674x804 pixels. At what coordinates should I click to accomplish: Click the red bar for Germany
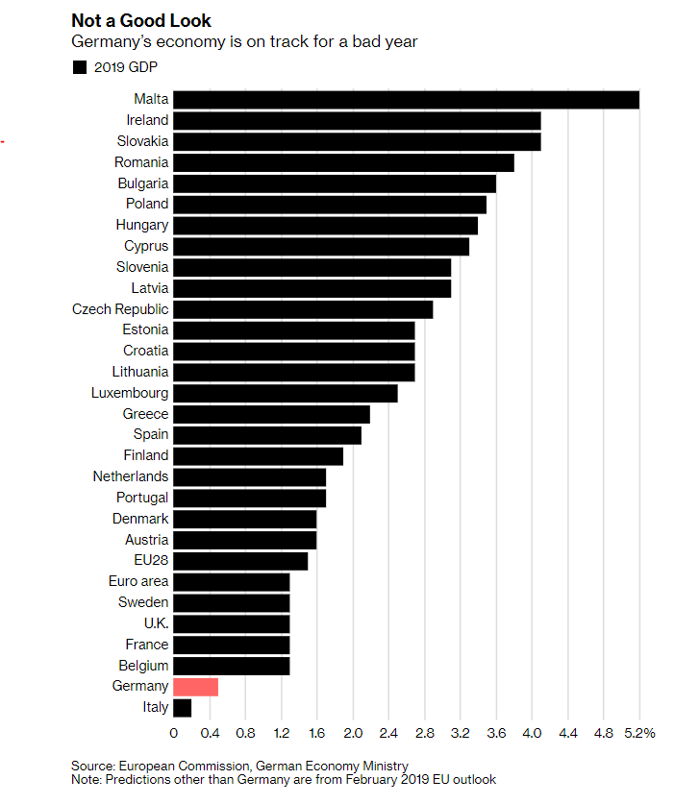tap(195, 687)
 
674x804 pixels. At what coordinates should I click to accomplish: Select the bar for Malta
tap(406, 99)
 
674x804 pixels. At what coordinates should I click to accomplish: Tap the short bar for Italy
tap(182, 708)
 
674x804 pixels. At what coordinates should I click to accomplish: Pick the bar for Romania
tap(343, 162)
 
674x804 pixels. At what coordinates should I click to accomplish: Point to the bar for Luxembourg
tap(286, 393)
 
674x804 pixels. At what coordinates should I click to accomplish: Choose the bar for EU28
tap(240, 561)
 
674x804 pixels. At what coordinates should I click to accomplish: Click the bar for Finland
tap(258, 456)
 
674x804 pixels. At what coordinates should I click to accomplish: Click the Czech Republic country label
tap(120, 309)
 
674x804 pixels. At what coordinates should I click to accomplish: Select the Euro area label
tap(138, 581)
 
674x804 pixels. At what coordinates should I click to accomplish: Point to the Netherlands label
tap(130, 476)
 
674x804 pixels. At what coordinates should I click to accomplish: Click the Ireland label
tap(147, 120)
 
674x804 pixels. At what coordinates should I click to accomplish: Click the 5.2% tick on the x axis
tap(639, 733)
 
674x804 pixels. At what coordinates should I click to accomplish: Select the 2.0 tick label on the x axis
tap(353, 733)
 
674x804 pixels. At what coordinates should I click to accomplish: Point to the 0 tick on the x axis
tap(173, 733)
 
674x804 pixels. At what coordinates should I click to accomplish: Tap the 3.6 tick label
tap(496, 733)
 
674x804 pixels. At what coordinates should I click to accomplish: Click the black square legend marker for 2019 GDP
tap(79, 67)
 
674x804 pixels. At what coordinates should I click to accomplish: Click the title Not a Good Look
tap(141, 20)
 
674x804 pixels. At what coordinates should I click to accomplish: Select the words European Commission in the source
tap(181, 766)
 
